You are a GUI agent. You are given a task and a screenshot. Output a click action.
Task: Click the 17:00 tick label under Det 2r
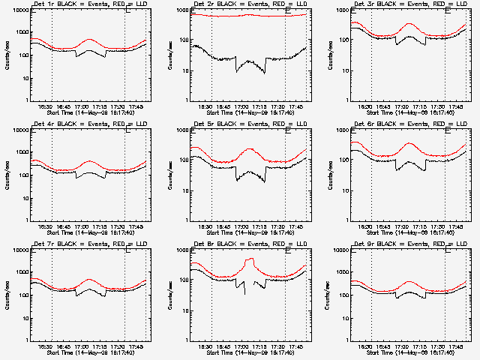tap(241, 107)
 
